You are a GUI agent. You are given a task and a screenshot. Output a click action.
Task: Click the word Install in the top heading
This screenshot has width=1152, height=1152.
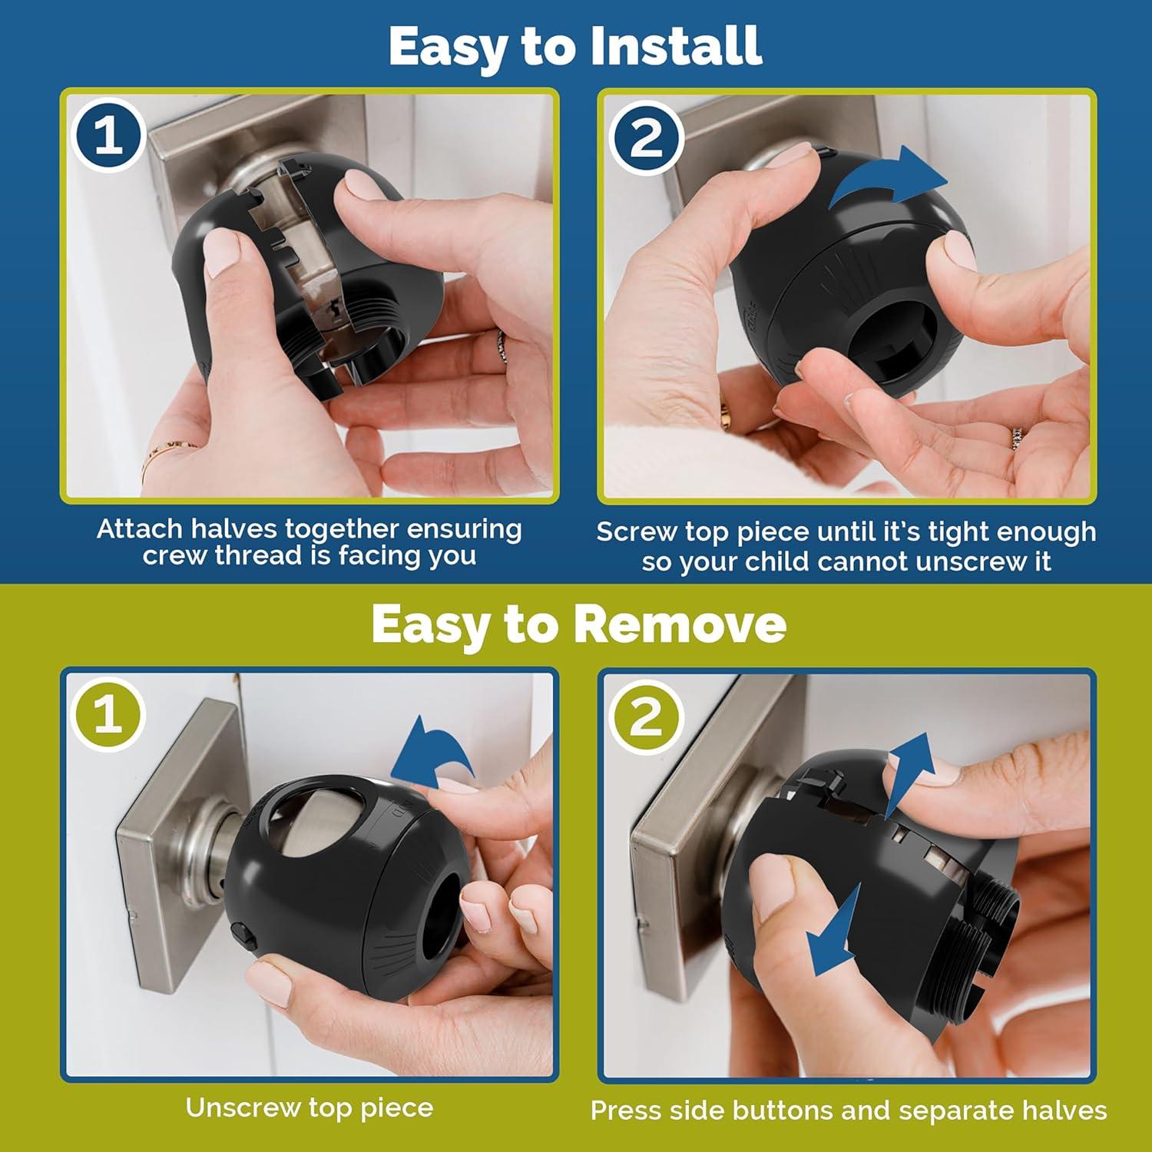pos(676,46)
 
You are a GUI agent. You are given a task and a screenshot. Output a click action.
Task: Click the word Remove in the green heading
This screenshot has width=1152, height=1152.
pos(680,624)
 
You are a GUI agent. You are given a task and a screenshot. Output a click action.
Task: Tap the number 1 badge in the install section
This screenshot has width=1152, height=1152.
pos(108,136)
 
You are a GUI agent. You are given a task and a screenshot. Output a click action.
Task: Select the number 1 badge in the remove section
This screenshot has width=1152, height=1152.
pos(108,713)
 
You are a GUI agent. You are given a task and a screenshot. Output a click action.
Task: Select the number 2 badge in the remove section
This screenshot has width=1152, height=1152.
pos(646,716)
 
